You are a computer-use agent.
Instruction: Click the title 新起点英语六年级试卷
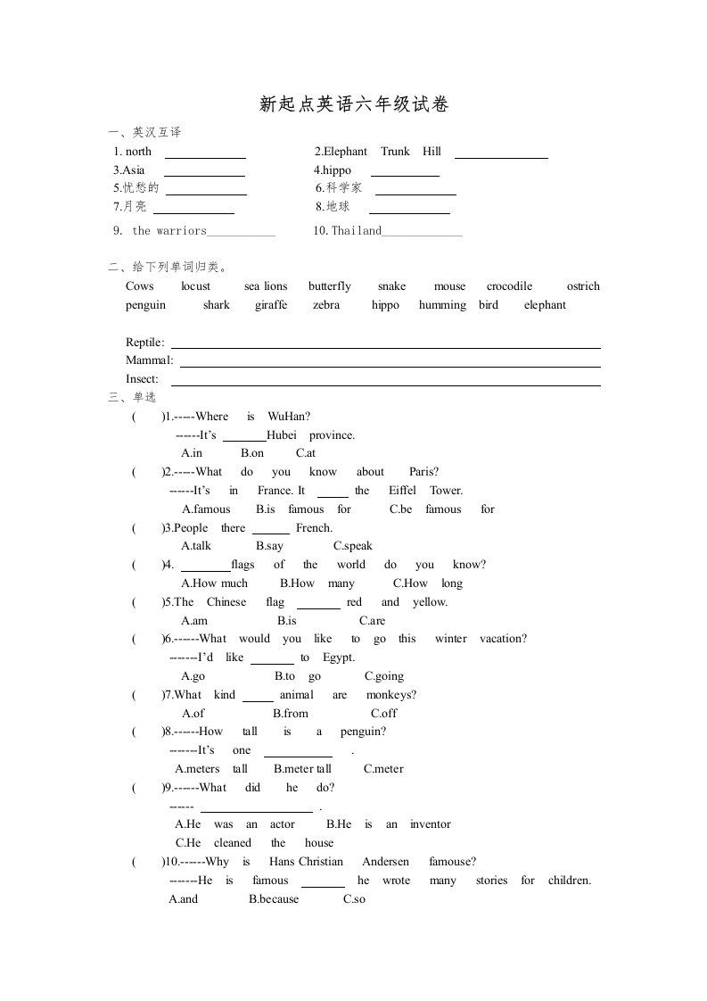pos(353,105)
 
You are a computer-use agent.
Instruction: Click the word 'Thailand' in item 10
pos(357,231)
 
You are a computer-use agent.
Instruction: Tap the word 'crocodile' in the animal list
pos(509,286)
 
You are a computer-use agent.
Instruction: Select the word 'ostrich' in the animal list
pos(583,286)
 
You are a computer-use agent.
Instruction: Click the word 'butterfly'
pos(330,286)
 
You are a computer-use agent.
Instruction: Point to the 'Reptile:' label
pos(145,343)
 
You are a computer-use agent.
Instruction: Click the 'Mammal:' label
pos(150,360)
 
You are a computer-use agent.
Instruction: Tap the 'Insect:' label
pos(143,379)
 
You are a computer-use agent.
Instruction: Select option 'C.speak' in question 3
pos(353,546)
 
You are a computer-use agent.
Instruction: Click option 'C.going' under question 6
pos(384,676)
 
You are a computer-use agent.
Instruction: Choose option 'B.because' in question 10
pos(275,898)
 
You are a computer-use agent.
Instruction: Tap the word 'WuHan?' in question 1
pos(289,416)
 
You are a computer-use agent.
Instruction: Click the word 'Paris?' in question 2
pos(424,472)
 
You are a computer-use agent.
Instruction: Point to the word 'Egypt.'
pos(339,658)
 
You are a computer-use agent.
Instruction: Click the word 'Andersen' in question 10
pos(385,862)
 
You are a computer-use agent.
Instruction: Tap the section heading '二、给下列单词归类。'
pos(168,267)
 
